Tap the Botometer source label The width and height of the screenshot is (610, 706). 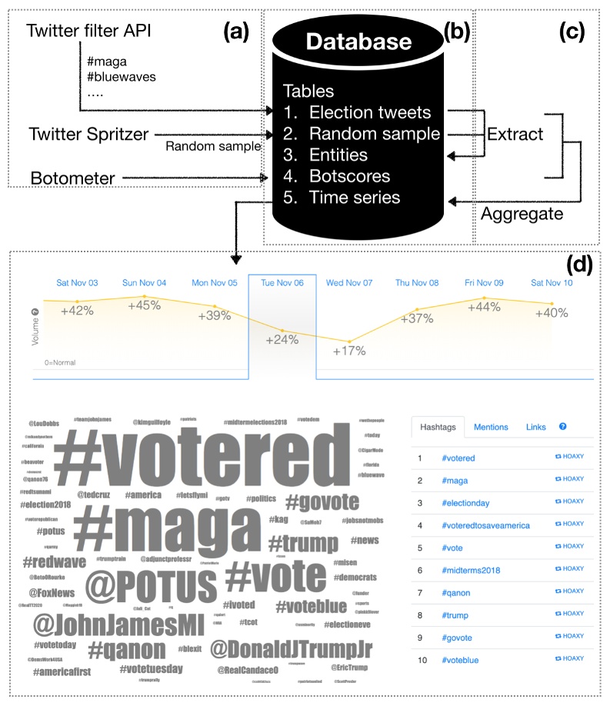(x=73, y=178)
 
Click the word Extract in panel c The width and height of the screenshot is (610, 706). (x=515, y=134)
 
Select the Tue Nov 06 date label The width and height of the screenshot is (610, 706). (x=282, y=282)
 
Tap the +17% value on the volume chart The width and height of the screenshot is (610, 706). (x=349, y=351)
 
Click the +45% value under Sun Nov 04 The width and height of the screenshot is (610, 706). (x=145, y=305)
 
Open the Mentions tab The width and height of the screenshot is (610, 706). (x=491, y=427)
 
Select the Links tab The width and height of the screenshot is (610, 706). (x=536, y=427)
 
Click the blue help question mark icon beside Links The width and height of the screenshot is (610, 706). (x=562, y=426)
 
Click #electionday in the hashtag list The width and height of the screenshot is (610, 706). (x=466, y=504)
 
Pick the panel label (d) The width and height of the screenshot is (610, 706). (x=578, y=265)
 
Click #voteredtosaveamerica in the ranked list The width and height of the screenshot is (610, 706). (x=485, y=525)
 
